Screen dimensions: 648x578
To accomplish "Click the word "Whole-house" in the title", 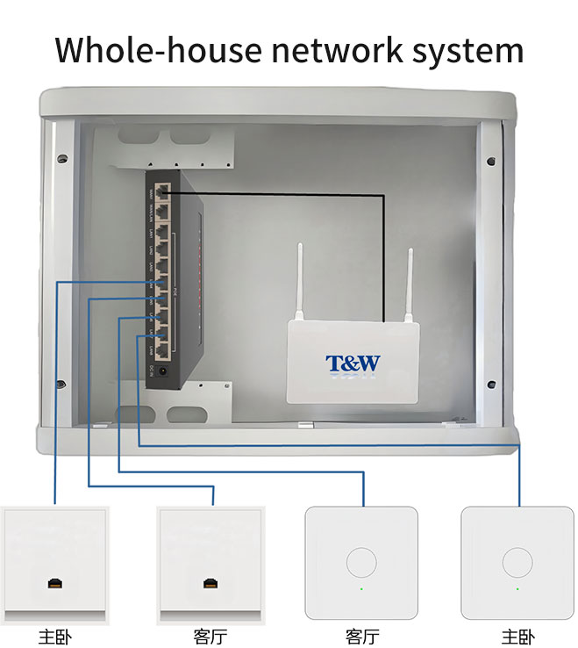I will coord(156,50).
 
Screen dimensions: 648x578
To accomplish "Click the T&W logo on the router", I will coord(353,364).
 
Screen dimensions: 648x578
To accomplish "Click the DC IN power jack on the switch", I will coord(163,371).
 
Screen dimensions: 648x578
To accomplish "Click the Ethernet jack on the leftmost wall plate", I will coord(54,584).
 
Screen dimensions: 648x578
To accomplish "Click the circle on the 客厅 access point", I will coord(360,563).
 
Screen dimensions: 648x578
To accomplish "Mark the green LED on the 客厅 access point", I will coord(360,589).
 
